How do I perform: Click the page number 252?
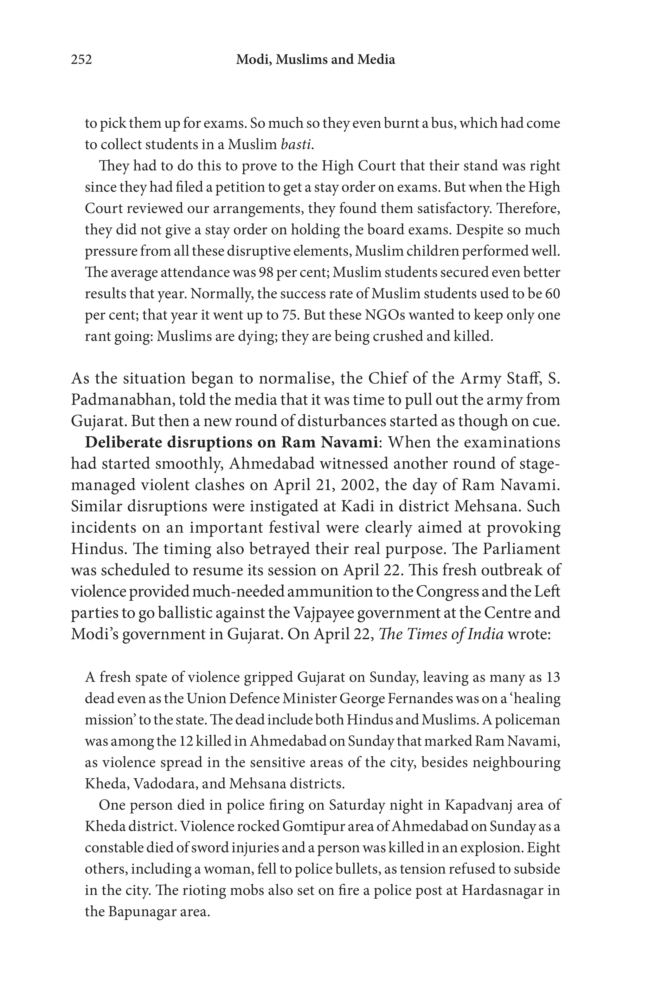point(81,60)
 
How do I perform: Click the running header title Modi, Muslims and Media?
point(315,60)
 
